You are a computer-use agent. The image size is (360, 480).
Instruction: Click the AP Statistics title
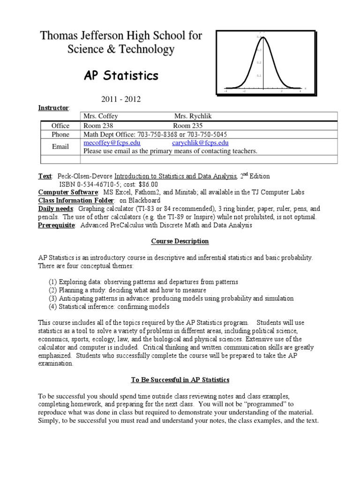[121, 75]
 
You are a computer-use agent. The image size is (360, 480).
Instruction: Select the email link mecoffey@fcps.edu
[112, 143]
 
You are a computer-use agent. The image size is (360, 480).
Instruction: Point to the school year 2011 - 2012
[121, 99]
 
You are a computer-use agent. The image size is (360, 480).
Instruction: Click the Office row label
[60, 126]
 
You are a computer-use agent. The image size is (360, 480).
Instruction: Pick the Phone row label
[60, 134]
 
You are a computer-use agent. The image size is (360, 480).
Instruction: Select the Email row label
[60, 147]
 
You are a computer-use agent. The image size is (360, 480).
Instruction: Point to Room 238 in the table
[98, 126]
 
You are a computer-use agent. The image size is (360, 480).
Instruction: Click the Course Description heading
[180, 241]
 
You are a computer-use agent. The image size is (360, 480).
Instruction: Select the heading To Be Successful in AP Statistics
[180, 379]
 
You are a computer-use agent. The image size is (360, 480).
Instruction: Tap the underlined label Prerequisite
[57, 225]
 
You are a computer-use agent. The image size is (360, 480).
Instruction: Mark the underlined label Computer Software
[68, 193]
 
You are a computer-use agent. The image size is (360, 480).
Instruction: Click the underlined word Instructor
[53, 108]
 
